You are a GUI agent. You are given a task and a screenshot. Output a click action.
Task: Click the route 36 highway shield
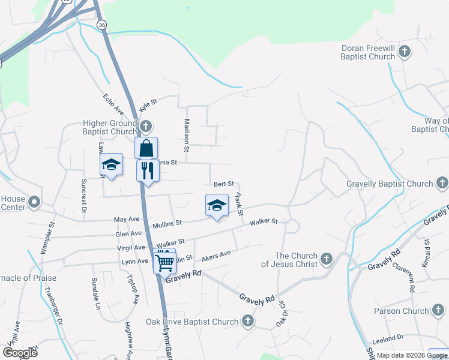101,25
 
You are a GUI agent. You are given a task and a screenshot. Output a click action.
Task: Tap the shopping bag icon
146,147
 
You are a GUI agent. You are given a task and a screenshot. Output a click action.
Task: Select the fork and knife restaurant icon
146,170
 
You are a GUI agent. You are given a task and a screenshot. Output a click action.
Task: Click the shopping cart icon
164,261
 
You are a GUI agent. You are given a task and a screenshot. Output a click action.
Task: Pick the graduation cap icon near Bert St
217,206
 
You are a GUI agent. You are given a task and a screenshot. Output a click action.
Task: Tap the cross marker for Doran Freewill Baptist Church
405,52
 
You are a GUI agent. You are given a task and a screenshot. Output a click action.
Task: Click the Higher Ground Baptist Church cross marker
146,127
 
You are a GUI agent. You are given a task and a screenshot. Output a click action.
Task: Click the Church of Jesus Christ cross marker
326,259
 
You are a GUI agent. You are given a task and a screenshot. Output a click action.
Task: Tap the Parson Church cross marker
438,311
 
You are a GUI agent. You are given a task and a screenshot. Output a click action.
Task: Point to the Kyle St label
148,106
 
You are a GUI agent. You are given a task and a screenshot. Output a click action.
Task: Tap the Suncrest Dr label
83,196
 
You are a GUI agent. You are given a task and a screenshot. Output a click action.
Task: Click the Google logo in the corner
20,353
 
